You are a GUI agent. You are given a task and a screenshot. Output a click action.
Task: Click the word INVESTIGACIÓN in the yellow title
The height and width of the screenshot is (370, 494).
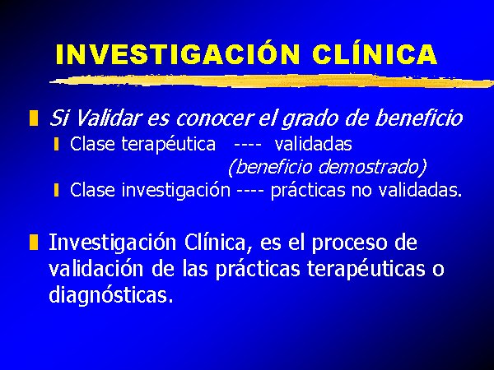pyautogui.click(x=177, y=53)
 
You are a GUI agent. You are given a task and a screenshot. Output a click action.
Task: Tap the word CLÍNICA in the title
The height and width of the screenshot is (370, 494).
pyautogui.click(x=375, y=53)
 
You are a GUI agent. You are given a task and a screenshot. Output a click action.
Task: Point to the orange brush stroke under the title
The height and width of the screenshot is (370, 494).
pyautogui.click(x=272, y=81)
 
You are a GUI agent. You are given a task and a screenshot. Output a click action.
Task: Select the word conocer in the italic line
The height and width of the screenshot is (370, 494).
pyautogui.click(x=215, y=118)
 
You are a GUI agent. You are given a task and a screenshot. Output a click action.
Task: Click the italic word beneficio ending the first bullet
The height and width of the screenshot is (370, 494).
pyautogui.click(x=419, y=118)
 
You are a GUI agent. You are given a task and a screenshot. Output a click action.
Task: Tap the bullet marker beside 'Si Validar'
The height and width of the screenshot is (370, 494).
pyautogui.click(x=34, y=118)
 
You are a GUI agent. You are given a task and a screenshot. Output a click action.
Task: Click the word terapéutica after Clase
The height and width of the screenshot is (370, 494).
pyautogui.click(x=169, y=145)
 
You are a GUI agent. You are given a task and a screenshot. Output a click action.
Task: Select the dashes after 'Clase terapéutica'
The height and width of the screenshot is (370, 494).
pyautogui.click(x=248, y=146)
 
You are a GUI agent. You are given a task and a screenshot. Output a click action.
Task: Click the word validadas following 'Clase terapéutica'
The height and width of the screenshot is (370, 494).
pyautogui.click(x=313, y=145)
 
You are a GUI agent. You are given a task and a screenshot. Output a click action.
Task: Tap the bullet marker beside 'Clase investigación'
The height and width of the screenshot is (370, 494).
pyautogui.click(x=56, y=190)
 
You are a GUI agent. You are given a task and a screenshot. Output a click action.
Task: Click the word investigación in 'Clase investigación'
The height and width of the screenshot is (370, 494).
pyautogui.click(x=176, y=191)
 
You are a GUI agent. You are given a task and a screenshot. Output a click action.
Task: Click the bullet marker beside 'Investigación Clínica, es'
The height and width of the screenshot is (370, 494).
pyautogui.click(x=34, y=242)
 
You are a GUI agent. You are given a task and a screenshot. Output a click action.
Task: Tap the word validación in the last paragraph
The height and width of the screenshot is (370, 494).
pyautogui.click(x=96, y=268)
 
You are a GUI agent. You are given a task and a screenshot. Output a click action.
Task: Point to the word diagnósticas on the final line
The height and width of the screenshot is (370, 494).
pyautogui.click(x=111, y=295)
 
